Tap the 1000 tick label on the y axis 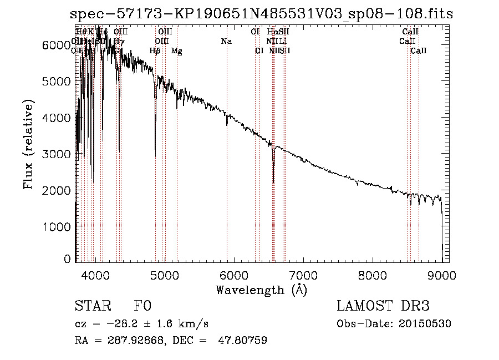pyautogui.click(x=57, y=227)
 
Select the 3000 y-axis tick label pyautogui.click(x=57, y=154)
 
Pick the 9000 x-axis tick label pyautogui.click(x=442, y=275)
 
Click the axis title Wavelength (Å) pyautogui.click(x=261, y=290)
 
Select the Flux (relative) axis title pyautogui.click(x=29, y=144)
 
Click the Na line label pyautogui.click(x=226, y=41)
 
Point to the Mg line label pyautogui.click(x=176, y=51)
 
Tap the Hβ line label pyautogui.click(x=155, y=51)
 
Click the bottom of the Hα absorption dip pyautogui.click(x=273, y=182)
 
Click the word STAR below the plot pyautogui.click(x=93, y=306)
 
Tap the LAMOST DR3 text pyautogui.click(x=383, y=306)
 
